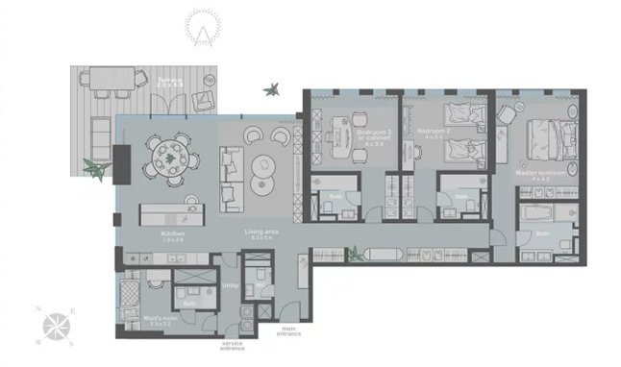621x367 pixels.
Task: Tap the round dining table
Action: click(x=168, y=154)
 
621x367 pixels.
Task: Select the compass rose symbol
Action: click(x=56, y=324)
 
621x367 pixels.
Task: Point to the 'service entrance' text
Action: click(x=233, y=342)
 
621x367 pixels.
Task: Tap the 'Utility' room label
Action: click(x=231, y=285)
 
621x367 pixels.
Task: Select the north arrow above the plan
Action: click(x=203, y=29)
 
